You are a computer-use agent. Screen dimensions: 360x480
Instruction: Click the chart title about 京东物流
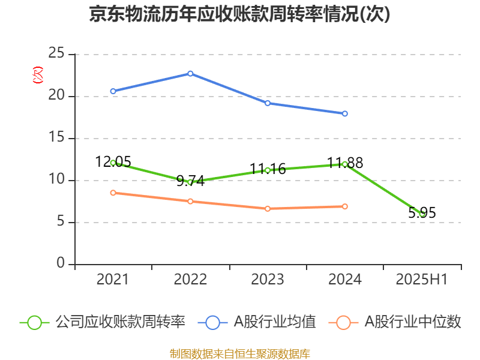pyautogui.click(x=239, y=14)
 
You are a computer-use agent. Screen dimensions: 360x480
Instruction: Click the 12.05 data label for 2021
pyautogui.click(x=113, y=161)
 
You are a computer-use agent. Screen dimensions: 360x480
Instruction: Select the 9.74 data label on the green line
pyautogui.click(x=190, y=181)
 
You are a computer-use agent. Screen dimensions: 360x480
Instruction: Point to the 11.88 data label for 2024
pyautogui.click(x=345, y=163)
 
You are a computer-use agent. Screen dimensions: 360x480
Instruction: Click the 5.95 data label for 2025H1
pyautogui.click(x=422, y=212)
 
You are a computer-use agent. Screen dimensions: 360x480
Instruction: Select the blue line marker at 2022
pyautogui.click(x=190, y=73)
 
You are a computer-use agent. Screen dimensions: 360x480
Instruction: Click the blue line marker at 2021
pyautogui.click(x=113, y=91)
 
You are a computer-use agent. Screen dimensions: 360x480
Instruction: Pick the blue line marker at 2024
pyautogui.click(x=345, y=113)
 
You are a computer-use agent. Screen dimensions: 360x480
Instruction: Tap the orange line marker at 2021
pyautogui.click(x=113, y=193)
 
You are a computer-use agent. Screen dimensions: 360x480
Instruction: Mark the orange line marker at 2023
pyautogui.click(x=268, y=209)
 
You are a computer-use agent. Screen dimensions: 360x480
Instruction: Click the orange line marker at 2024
pyautogui.click(x=345, y=206)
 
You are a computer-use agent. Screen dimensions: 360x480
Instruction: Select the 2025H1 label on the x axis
pyautogui.click(x=422, y=280)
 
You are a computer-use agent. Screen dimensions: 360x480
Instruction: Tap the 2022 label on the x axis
pyautogui.click(x=190, y=280)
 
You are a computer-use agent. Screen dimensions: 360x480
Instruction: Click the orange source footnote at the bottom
pyautogui.click(x=239, y=353)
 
